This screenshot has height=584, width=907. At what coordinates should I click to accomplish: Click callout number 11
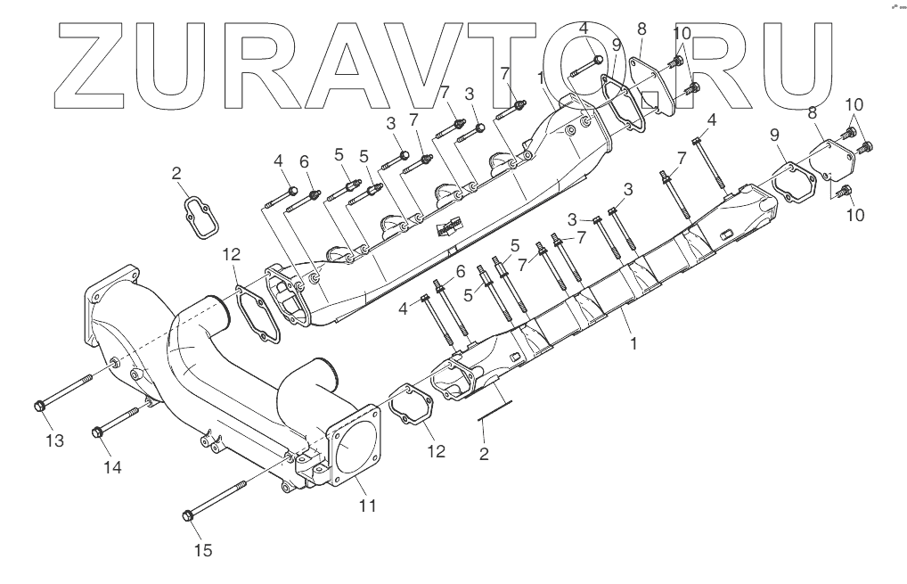click(367, 506)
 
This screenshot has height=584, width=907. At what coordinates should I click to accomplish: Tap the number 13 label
click(55, 440)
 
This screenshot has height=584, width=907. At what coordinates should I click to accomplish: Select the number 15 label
click(203, 550)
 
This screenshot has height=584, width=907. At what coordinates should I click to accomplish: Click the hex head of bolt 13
click(38, 407)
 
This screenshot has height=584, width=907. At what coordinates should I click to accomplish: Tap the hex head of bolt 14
click(98, 433)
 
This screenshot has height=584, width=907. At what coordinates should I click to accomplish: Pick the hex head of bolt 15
click(188, 514)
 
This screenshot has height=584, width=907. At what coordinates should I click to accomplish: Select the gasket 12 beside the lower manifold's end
click(411, 410)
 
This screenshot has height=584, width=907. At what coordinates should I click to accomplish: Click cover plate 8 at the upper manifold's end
click(648, 89)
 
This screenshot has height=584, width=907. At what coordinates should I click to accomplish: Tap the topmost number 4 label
click(584, 29)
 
